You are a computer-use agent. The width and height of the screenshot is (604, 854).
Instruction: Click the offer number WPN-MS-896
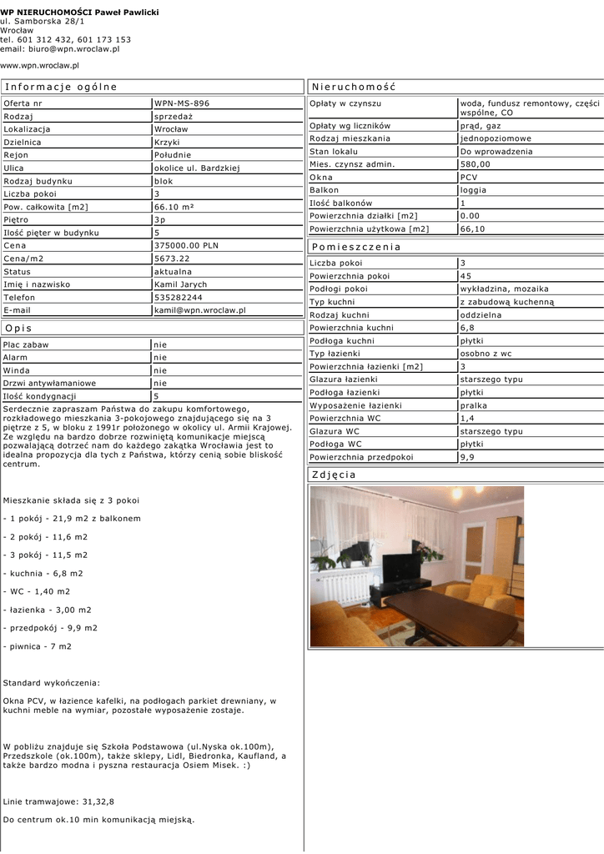click(182, 103)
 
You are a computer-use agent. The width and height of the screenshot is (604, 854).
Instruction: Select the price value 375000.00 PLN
click(186, 246)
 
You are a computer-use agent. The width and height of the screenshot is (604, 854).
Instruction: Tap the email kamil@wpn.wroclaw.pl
click(200, 310)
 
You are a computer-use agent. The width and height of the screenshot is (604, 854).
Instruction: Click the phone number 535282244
click(179, 297)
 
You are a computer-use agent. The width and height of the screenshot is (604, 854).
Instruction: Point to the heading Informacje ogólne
click(61, 87)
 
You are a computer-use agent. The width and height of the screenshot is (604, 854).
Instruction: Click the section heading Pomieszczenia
click(356, 247)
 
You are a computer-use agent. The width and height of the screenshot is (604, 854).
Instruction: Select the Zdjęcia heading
click(334, 475)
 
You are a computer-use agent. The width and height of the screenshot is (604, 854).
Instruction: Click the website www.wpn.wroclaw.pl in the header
click(39, 64)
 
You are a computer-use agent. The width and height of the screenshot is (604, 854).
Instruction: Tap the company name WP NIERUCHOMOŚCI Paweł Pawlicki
click(79, 13)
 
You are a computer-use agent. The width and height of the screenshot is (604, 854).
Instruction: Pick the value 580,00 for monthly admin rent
click(476, 164)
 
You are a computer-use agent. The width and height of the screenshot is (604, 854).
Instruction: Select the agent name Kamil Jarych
click(181, 284)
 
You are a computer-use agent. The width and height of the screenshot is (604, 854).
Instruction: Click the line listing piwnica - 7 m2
click(38, 646)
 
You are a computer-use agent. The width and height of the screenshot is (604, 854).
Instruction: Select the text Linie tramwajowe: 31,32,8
click(58, 801)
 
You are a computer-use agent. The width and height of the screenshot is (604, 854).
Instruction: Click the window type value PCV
click(468, 178)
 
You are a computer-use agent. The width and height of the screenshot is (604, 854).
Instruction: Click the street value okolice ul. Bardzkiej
click(197, 168)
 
